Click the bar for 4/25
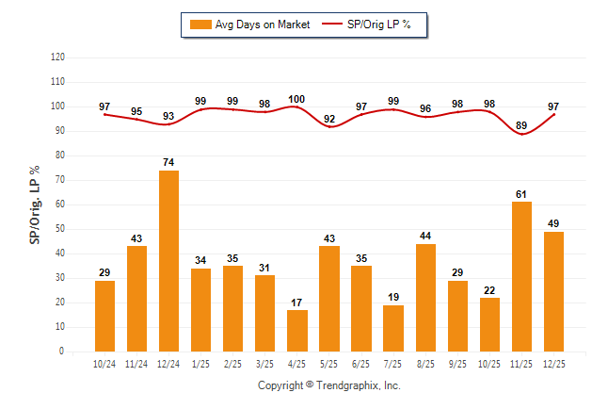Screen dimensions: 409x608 (x=297, y=331)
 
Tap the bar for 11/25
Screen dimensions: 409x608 (x=521, y=276)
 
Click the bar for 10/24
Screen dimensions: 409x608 (x=104, y=316)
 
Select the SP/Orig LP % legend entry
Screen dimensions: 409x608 (x=368, y=25)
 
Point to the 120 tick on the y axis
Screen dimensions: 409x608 (x=58, y=57)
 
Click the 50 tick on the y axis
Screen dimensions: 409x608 (x=61, y=229)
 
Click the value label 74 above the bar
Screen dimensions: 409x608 (x=168, y=162)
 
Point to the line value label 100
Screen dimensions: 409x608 (x=297, y=99)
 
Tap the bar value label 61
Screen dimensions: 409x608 (x=521, y=194)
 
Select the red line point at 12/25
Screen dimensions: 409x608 (x=553, y=115)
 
